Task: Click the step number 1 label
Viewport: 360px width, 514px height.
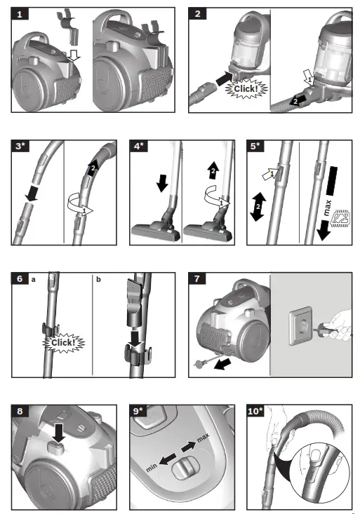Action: click(x=22, y=14)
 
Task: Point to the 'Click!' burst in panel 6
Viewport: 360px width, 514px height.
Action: click(x=62, y=342)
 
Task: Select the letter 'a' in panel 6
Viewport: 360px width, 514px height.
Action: click(x=32, y=280)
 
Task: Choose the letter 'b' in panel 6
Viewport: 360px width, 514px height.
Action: click(x=98, y=280)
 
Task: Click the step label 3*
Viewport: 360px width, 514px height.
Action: click(x=23, y=147)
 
